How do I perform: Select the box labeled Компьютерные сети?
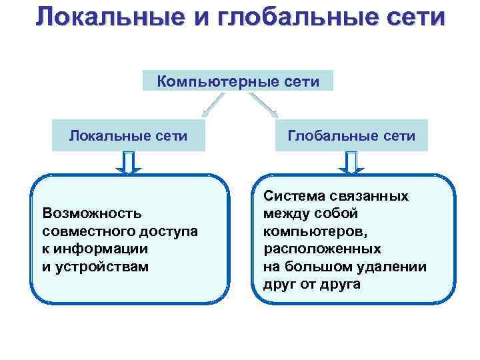point(238,81)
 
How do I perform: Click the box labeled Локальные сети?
point(128,136)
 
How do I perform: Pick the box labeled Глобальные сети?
point(351,136)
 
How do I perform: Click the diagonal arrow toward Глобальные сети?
point(264,105)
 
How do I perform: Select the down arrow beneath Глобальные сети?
point(351,163)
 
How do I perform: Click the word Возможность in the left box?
point(91,213)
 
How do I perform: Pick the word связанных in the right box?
point(371,196)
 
